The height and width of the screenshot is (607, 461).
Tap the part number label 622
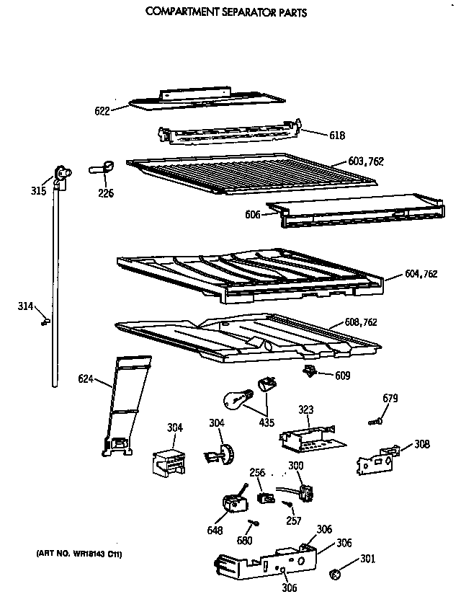[102, 110]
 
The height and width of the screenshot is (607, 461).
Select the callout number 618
[317, 135]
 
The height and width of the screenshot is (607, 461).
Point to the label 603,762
[366, 161]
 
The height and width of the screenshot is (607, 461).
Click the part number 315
[39, 191]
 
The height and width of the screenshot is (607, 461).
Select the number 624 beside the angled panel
[86, 378]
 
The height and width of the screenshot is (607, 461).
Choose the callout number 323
[306, 409]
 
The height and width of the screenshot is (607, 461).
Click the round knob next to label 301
[334, 574]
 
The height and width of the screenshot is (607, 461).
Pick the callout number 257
[292, 520]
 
